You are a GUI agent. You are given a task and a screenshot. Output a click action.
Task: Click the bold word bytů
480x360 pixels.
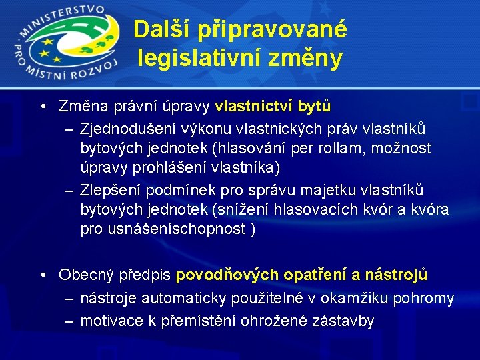point(314,107)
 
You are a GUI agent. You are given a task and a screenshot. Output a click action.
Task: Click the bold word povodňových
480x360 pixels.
point(227,275)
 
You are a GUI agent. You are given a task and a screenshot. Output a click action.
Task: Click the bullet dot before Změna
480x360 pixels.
point(42,107)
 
